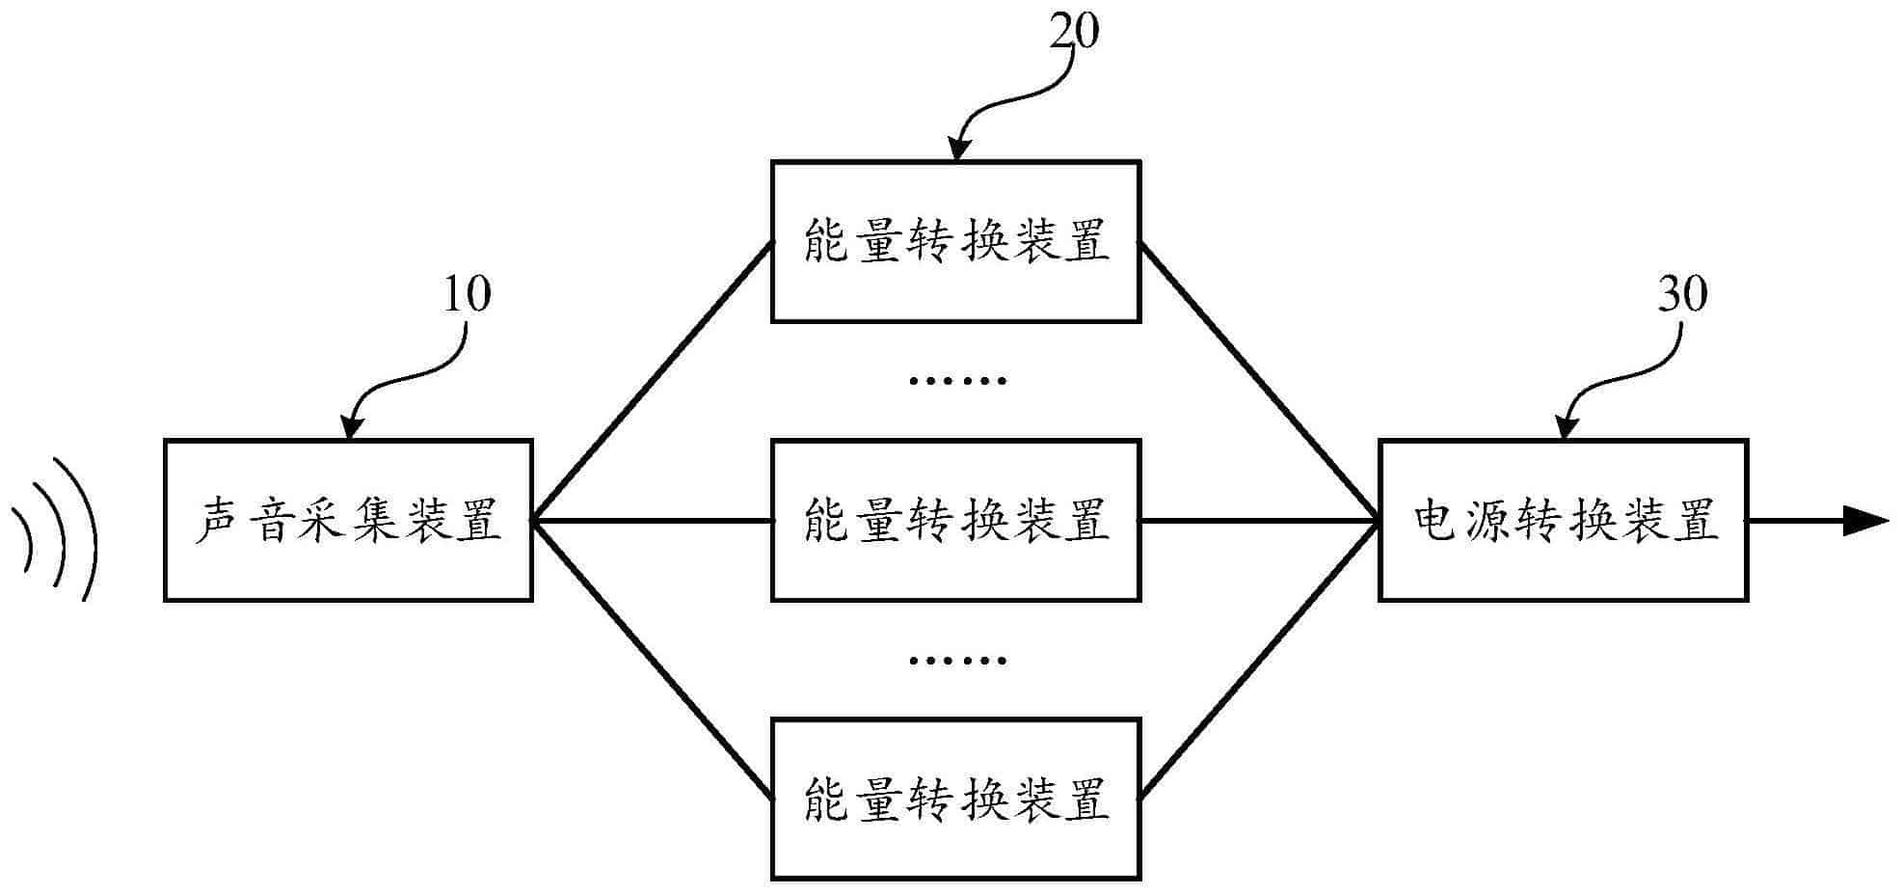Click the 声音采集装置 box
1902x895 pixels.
(348, 521)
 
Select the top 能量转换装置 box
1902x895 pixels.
(955, 241)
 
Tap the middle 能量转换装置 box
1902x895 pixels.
(955, 521)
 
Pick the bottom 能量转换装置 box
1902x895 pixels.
(955, 799)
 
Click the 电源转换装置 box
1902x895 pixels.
(1563, 521)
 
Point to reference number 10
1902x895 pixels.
(467, 294)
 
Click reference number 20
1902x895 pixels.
(1073, 32)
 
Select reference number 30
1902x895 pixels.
(1682, 294)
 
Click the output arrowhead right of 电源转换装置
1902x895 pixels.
(1865, 521)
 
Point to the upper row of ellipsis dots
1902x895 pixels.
(957, 381)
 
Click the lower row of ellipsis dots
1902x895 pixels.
(957, 661)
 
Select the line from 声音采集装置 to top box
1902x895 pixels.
(653, 381)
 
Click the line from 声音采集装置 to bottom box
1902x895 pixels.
(653, 661)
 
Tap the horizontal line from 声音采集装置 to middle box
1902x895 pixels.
(653, 521)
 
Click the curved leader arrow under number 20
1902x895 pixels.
(1012, 96)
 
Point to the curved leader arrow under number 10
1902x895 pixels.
(405, 375)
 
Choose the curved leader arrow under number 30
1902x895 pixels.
(1621, 375)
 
